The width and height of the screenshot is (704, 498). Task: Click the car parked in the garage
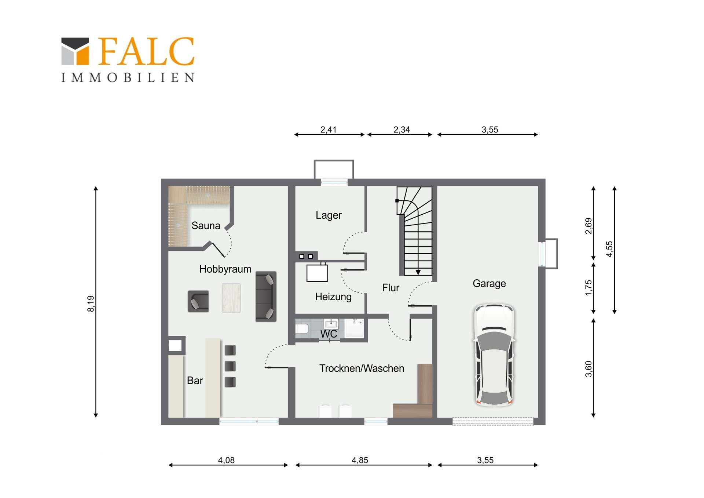click(x=495, y=355)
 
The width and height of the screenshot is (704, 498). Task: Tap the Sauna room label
click(x=206, y=226)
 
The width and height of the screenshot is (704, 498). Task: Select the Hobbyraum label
click(x=225, y=269)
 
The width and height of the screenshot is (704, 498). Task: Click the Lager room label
click(x=329, y=215)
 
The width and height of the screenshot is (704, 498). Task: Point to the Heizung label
click(x=333, y=297)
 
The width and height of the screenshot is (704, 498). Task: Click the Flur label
click(x=390, y=288)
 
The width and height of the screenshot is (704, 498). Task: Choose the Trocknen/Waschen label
click(x=362, y=368)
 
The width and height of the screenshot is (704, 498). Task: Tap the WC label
click(x=329, y=334)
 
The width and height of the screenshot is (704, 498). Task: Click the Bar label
click(x=195, y=381)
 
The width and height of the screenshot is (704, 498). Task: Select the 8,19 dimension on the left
click(x=91, y=303)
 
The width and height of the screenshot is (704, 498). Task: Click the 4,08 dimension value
click(x=226, y=460)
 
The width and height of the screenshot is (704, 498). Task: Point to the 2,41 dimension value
click(x=328, y=130)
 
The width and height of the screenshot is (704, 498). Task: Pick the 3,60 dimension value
click(x=588, y=369)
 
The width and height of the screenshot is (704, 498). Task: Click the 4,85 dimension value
click(x=360, y=460)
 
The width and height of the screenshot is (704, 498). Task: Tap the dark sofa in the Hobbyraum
click(x=266, y=297)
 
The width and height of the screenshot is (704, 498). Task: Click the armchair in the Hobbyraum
click(x=198, y=301)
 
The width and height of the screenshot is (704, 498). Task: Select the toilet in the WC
click(x=302, y=328)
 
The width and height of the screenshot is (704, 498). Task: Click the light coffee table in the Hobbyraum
click(x=231, y=298)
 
